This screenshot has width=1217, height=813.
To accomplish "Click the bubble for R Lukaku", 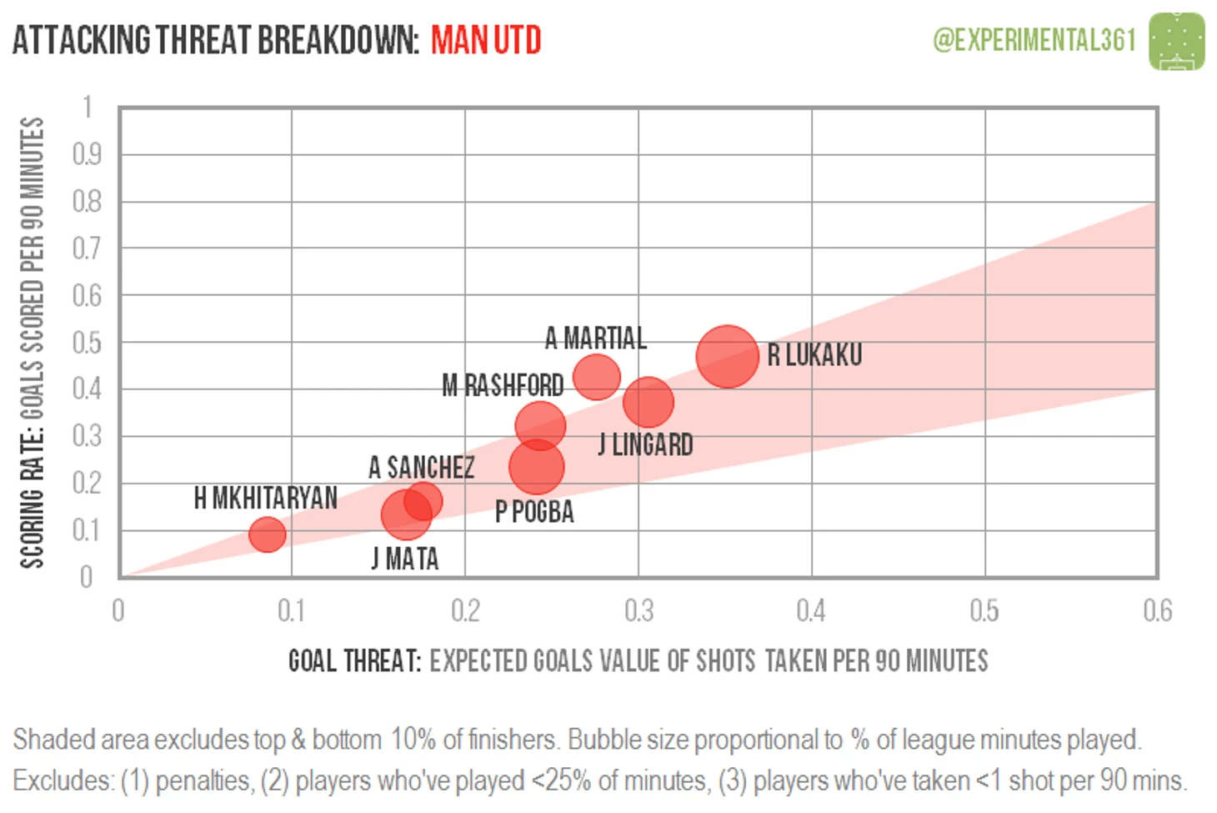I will (x=727, y=356).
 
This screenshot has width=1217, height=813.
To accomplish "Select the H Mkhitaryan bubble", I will (x=267, y=534).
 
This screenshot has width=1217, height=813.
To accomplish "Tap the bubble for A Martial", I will (x=597, y=376).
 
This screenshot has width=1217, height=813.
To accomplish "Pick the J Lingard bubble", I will (x=648, y=402).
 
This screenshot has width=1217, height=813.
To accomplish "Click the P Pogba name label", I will (x=534, y=511).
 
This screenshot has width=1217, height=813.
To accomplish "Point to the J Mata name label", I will (x=405, y=559).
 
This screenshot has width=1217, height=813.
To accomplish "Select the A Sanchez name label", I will (x=422, y=467).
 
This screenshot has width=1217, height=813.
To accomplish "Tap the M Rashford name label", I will (x=503, y=385).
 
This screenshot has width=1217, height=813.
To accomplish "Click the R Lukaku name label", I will (x=814, y=355).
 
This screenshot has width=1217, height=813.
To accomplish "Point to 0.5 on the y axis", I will (x=87, y=342).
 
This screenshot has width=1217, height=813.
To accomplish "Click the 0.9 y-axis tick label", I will (x=87, y=154).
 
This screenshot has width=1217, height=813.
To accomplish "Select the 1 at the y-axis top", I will (x=88, y=107).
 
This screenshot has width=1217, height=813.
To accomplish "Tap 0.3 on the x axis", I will (x=639, y=611).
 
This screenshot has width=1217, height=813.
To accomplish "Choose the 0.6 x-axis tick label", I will (x=1157, y=611).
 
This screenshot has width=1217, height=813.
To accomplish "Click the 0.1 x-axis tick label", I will (x=291, y=611).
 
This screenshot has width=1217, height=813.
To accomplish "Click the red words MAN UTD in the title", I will (x=486, y=40).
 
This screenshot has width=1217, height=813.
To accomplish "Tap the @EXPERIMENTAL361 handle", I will (x=1034, y=40).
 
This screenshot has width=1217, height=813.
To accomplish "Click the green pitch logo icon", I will (x=1176, y=41).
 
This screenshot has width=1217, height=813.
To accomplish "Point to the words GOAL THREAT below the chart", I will (x=354, y=661).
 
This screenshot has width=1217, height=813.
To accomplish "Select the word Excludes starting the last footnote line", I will (x=63, y=780).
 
